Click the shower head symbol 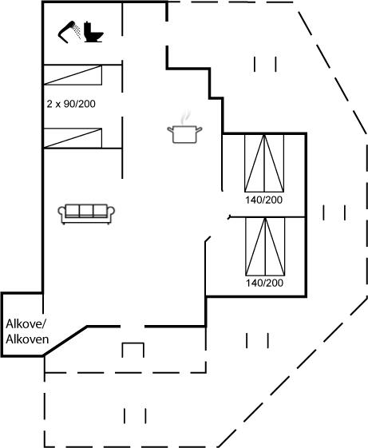point(67,31)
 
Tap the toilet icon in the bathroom point(93,32)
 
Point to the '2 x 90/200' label point(71,104)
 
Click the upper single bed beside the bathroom point(73,75)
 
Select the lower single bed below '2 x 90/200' point(73,138)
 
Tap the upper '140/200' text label point(263,200)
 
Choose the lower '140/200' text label point(264,283)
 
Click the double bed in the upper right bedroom point(264,163)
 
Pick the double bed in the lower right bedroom point(265,247)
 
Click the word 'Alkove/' point(26,324)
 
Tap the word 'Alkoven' point(27,339)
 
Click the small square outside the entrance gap point(133,350)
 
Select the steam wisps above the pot point(185,117)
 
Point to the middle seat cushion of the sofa point(86,211)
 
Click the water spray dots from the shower point(77,31)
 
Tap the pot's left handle point(170,130)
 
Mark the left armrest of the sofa point(61,213)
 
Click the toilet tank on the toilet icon point(88,28)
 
